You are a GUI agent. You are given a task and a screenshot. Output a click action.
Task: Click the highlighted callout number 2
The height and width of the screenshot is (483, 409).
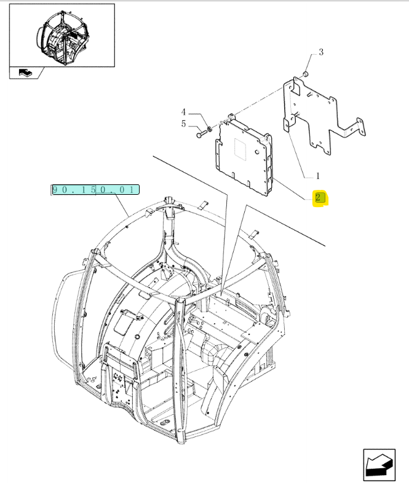319,198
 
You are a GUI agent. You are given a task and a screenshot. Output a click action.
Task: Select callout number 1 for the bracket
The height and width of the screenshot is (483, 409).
317,175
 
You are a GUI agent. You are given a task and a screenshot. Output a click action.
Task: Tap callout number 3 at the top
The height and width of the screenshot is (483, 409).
320,53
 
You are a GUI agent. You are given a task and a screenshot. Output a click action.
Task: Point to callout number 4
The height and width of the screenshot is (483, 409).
183,112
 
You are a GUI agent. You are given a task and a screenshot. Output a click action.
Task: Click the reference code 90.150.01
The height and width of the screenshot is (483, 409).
95,190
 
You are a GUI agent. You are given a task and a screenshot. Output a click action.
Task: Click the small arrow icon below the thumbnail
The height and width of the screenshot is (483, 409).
26,73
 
